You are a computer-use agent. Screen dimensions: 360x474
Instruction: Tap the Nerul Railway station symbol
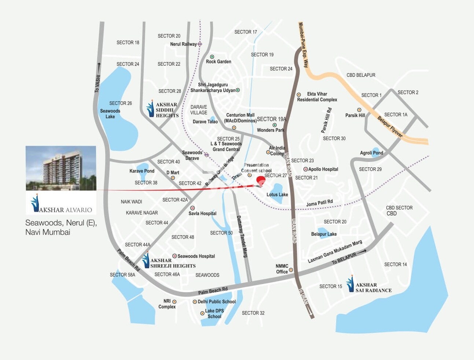coord(200,44)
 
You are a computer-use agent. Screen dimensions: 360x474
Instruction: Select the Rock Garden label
coord(218,62)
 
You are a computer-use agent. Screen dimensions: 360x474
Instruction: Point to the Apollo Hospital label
coord(323,169)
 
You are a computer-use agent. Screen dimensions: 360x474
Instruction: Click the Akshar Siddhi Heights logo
coord(150,109)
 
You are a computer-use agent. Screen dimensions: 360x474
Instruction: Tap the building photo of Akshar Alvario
coord(61,168)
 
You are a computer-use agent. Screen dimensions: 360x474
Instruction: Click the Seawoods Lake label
coord(110,114)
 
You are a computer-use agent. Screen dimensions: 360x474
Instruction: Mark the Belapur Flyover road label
coord(390,127)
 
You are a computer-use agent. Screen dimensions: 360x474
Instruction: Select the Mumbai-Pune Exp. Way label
coord(303,45)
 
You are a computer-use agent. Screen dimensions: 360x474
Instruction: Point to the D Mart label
coord(173,172)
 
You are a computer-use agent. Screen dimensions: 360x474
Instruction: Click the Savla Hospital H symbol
coord(192,208)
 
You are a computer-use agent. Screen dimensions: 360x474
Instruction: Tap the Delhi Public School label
coord(217,302)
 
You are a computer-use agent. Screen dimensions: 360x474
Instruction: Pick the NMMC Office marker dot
coord(291,270)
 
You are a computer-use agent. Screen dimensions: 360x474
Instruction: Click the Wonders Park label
coord(271,130)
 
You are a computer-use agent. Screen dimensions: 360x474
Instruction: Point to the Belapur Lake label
coord(324,234)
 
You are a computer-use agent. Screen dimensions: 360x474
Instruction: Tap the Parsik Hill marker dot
coord(359,110)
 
